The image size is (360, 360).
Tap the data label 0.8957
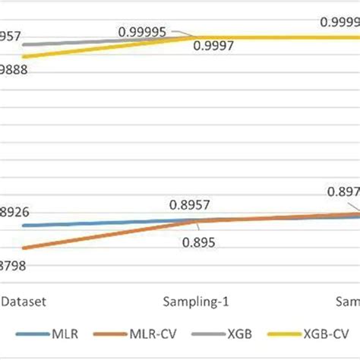point(189,204)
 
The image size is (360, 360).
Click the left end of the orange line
point(24,248)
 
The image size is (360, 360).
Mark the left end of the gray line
point(24,45)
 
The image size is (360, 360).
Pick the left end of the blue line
point(24,226)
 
